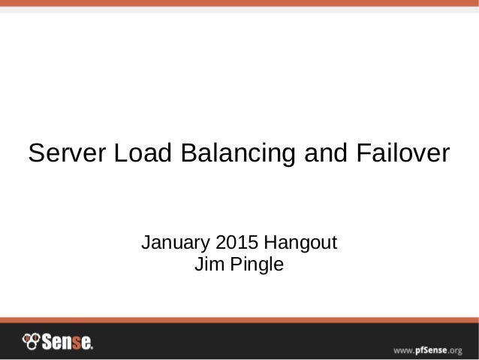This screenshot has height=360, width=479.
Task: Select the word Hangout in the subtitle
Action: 300,244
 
